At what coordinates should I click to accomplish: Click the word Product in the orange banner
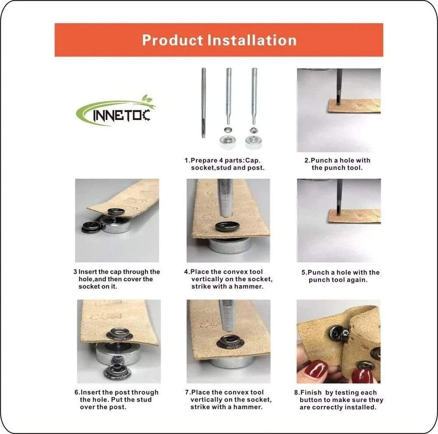[172, 40]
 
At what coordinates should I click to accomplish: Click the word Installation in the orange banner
[252, 40]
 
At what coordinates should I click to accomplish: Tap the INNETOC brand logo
[115, 111]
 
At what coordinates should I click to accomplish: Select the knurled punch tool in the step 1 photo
[204, 103]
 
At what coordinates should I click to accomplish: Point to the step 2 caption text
[337, 164]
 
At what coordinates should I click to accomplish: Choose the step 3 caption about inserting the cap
[117, 279]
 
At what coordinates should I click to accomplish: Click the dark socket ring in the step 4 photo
[227, 227]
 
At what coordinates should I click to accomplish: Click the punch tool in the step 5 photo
[339, 197]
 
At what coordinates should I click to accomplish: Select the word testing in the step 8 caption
[346, 393]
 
